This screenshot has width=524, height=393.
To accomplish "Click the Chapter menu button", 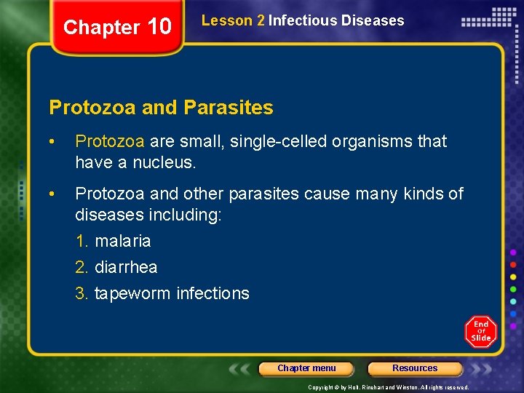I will point(306,368).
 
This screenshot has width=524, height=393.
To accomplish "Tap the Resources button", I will point(415,368).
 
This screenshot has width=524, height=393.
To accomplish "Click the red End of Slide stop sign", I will point(481,331).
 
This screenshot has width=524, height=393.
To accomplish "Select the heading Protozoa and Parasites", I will point(161,108).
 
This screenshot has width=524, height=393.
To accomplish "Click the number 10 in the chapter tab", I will point(159,27).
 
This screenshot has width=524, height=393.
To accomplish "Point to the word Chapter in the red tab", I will point(101,28).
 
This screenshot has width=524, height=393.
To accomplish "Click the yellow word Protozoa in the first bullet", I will point(109,141).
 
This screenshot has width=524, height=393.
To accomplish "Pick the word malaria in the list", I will point(122,241).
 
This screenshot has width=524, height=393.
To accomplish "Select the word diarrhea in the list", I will point(126,267).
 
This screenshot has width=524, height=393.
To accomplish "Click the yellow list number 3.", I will point(82,294).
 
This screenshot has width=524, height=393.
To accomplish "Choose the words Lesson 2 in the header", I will point(233,21).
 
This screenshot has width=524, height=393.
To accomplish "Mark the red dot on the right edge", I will point(513,264).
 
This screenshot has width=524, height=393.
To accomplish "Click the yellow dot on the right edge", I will point(513,277).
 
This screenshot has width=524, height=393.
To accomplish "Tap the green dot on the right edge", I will point(513,289).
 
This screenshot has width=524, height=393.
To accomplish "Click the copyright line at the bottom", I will point(389,387).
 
